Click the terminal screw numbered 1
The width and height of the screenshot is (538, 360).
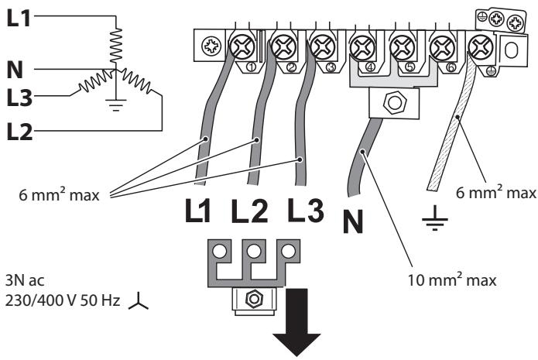[x=242, y=46]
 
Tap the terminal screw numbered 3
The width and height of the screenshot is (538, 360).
[x=322, y=46]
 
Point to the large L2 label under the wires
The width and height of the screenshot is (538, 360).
[x=249, y=211]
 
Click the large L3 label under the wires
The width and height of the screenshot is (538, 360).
[x=306, y=210]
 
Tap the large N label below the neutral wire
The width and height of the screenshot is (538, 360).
[x=353, y=221]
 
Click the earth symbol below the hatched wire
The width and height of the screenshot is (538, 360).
[x=435, y=218]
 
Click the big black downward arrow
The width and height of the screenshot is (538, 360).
[x=296, y=323]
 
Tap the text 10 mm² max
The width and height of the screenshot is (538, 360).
[x=451, y=279]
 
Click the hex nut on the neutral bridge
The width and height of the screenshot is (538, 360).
[x=394, y=102]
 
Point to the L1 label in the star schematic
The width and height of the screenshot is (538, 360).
[x=19, y=18]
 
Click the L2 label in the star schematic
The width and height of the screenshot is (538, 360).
[x=19, y=132]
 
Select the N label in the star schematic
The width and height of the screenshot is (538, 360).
[x=15, y=70]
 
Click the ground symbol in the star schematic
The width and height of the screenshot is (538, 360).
[x=116, y=105]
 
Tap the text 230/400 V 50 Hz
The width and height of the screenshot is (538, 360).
[x=63, y=300]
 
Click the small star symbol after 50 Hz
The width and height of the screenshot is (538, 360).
[x=139, y=301]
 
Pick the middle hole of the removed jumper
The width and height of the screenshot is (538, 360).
[x=254, y=251]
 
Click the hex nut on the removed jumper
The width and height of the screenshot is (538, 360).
[x=254, y=299]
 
